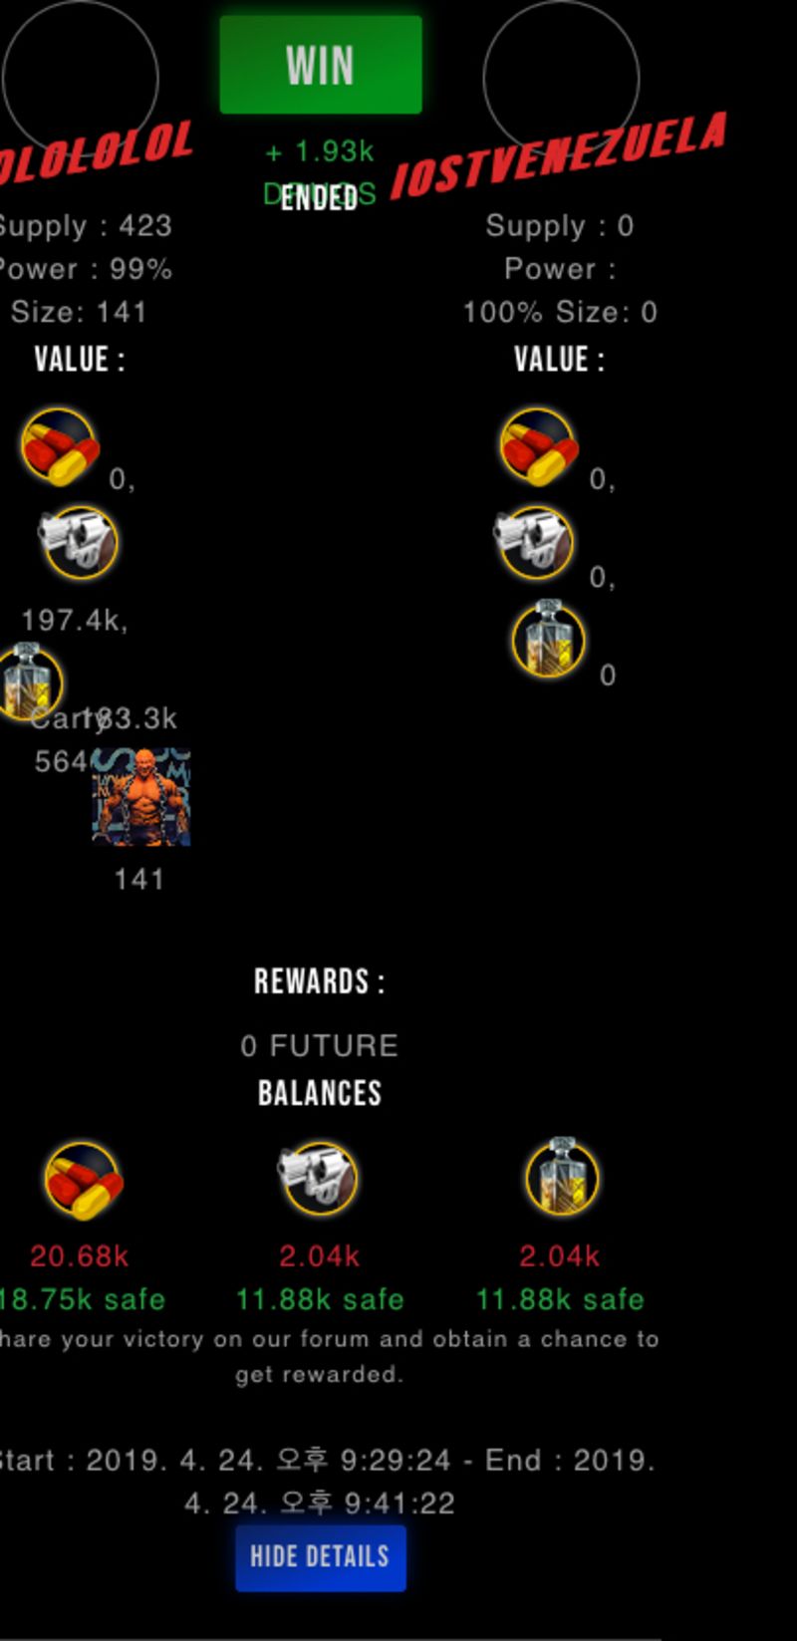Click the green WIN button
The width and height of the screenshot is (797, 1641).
320,65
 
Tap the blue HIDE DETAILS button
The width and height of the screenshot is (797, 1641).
320,1556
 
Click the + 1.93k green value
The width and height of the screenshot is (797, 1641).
320,152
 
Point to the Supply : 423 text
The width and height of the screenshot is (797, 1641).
86,226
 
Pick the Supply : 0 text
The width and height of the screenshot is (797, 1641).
559,226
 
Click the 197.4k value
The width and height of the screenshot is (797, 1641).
74,621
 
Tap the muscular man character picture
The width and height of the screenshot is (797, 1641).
141,797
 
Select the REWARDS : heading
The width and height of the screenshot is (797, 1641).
319,982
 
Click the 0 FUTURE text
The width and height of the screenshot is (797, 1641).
319,1045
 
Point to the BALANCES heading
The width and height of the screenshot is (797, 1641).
319,1093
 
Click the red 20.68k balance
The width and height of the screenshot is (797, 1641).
80,1256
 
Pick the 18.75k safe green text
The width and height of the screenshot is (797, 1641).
83,1299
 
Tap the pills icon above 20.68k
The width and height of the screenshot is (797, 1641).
83,1181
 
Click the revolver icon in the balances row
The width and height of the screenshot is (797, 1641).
318,1179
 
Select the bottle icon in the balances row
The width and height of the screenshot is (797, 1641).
561,1179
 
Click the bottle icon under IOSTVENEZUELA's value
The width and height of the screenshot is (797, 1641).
548,640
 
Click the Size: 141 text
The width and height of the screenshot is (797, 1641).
80,312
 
